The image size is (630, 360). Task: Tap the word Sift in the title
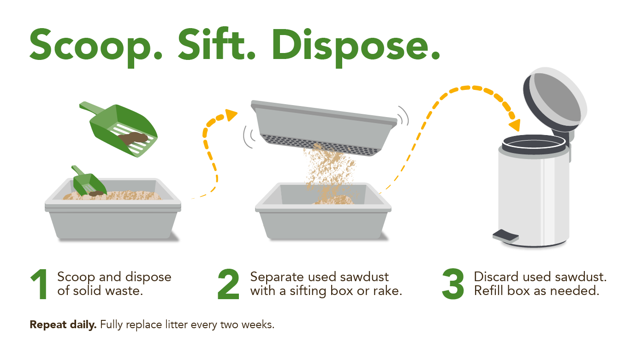(x=217, y=44)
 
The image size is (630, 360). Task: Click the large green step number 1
(x=40, y=284)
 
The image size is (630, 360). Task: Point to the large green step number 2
(x=228, y=284)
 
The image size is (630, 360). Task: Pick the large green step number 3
(x=453, y=284)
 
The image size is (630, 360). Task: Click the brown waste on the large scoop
(x=133, y=138)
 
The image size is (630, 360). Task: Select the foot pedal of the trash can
(x=505, y=236)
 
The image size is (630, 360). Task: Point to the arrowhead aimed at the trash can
(x=515, y=125)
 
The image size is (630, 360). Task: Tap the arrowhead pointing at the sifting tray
(x=231, y=115)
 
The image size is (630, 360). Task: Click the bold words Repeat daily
(x=63, y=325)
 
